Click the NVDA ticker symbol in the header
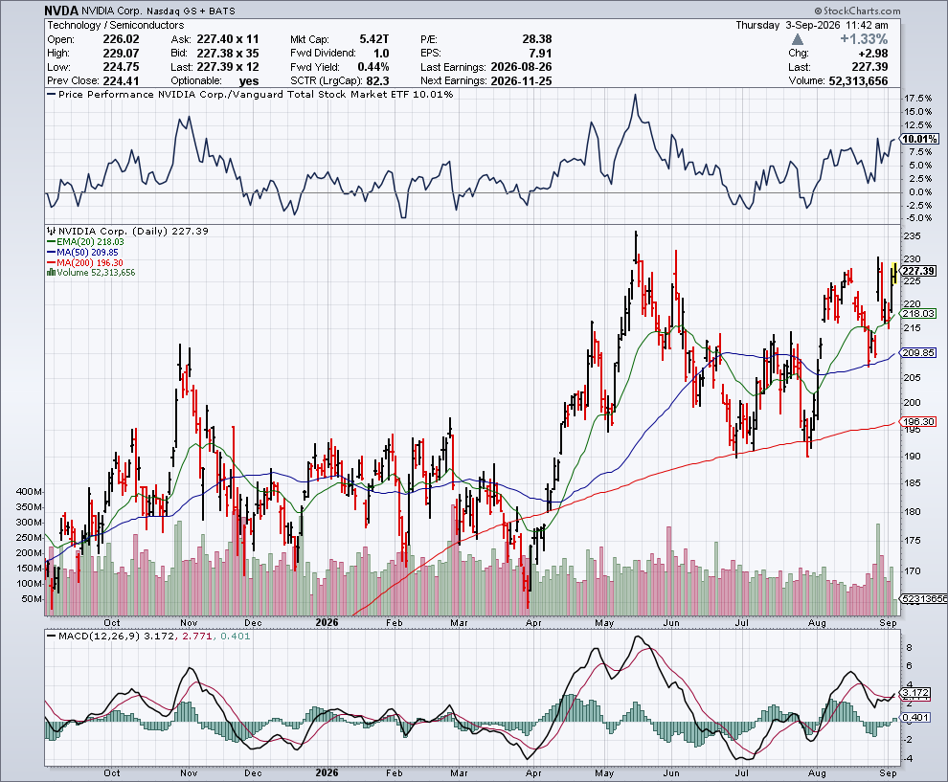click(61, 11)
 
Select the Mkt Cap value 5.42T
click(374, 39)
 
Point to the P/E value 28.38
click(537, 39)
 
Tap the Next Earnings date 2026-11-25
click(521, 81)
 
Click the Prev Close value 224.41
click(121, 81)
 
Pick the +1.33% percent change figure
click(864, 39)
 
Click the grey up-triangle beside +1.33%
click(798, 39)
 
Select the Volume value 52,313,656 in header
click(859, 81)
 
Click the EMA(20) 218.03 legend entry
click(86, 242)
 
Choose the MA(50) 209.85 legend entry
click(82, 252)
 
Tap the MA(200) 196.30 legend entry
click(85, 263)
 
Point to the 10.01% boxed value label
click(919, 139)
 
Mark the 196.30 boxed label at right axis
click(918, 422)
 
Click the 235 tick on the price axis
click(913, 236)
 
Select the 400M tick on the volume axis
click(30, 492)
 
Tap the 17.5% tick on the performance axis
click(917, 99)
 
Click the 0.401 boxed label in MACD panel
click(916, 717)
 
